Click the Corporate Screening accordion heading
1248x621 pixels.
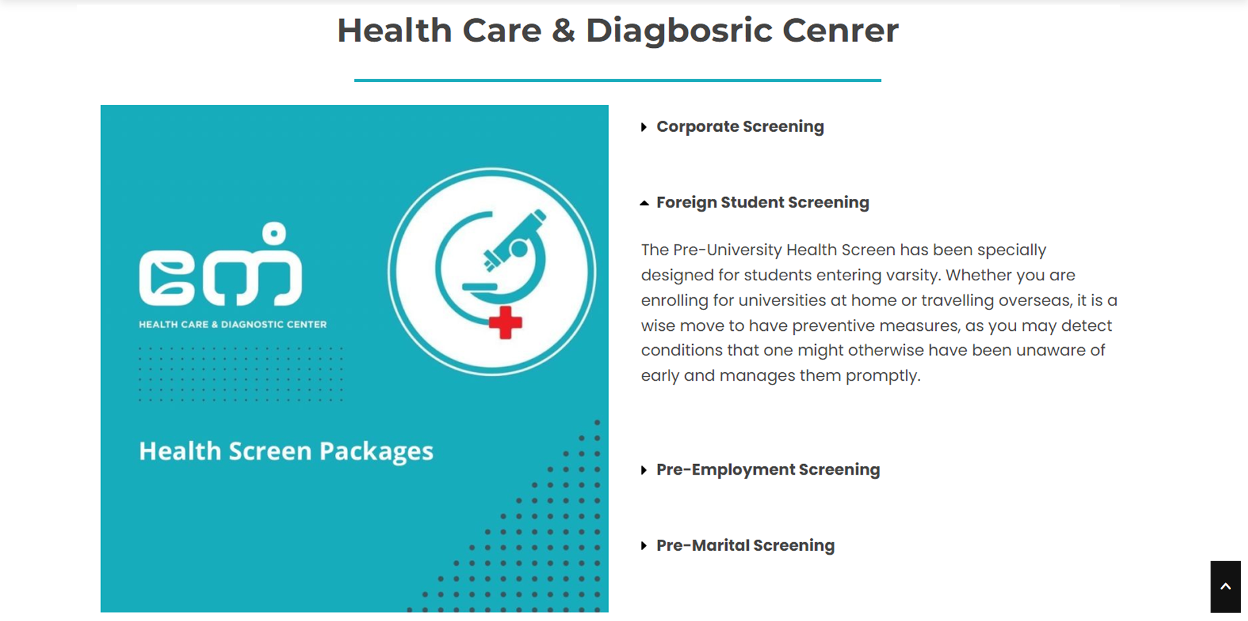[x=740, y=127]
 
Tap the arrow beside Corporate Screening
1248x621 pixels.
[x=644, y=127]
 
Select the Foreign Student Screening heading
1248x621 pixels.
[x=763, y=202]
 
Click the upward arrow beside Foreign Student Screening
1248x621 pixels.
[x=644, y=203]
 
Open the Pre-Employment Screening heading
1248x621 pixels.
[x=768, y=469]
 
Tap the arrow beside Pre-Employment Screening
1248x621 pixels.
[x=644, y=470]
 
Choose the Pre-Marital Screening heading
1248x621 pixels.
[x=746, y=546]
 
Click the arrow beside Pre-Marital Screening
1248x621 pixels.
[x=644, y=546]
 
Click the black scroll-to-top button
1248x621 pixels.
[x=1226, y=587]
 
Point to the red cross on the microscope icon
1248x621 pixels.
[x=505, y=322]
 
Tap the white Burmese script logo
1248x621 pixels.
[x=221, y=265]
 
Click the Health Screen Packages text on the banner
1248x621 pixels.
[x=286, y=451]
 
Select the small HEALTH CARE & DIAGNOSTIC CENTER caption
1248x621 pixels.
[x=233, y=324]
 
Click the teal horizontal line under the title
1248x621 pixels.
[x=617, y=80]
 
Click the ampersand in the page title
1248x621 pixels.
[x=564, y=32]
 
